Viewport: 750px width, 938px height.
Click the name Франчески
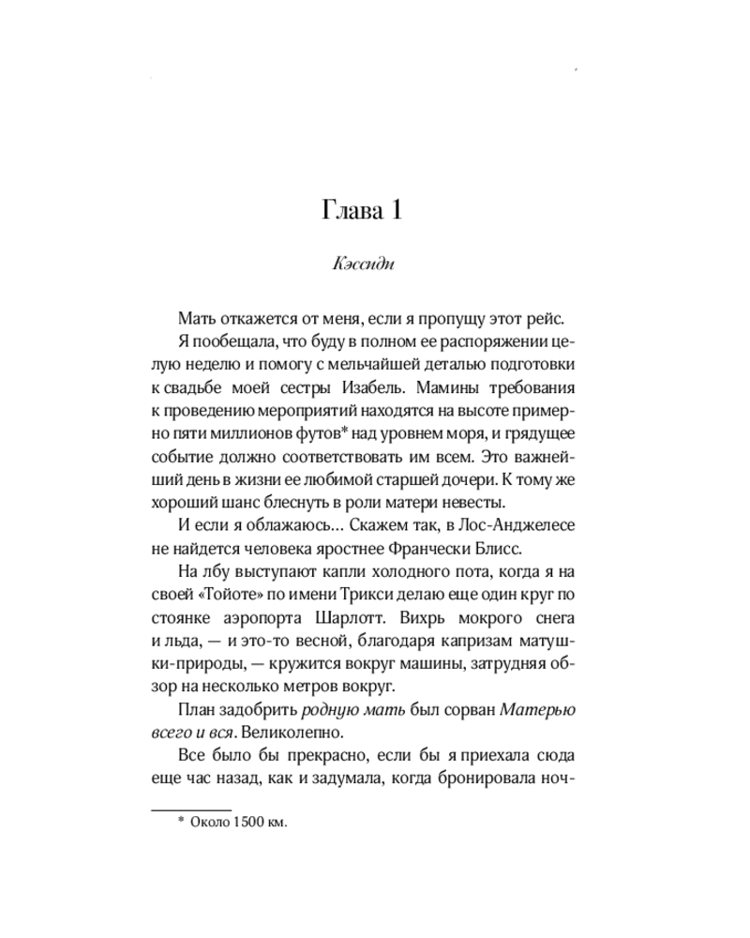pyautogui.click(x=425, y=548)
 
